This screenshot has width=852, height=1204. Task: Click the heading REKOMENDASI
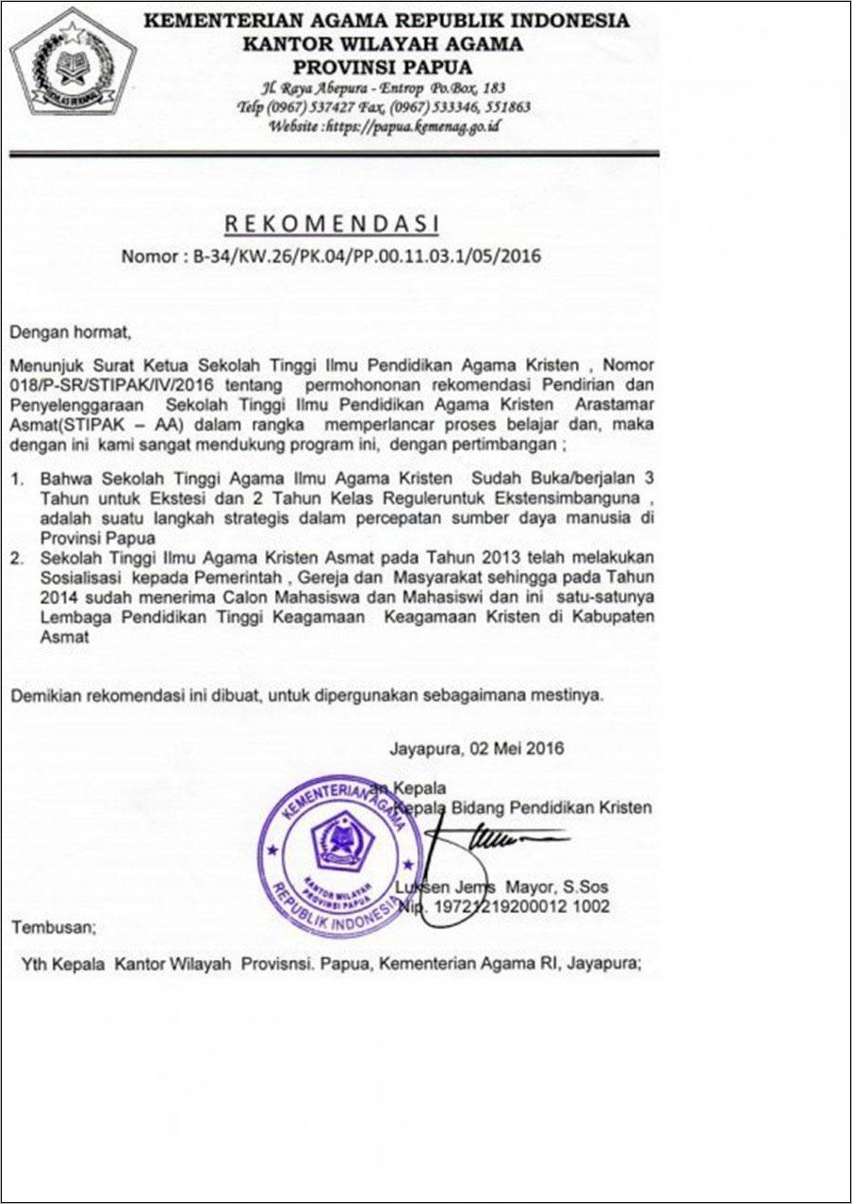click(x=331, y=223)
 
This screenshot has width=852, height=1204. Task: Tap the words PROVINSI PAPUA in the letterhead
click(x=383, y=67)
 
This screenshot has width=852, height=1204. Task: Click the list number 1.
click(x=17, y=480)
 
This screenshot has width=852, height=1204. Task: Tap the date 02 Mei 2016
click(x=511, y=749)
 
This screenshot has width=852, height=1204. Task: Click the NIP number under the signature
click(x=524, y=906)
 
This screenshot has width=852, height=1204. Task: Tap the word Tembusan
click(x=53, y=927)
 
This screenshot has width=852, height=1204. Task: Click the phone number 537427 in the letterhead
click(x=353, y=107)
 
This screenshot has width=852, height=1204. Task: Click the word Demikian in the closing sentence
click(x=45, y=695)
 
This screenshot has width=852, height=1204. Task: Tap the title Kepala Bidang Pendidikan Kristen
click(x=523, y=807)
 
